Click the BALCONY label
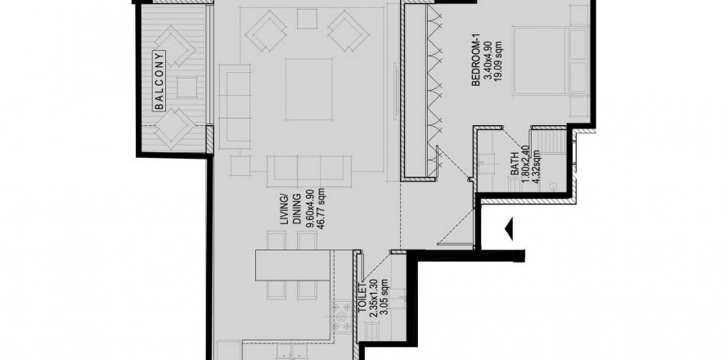click(x=160, y=80)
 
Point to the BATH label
click(x=515, y=168)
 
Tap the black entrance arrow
click(x=509, y=229)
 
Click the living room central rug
click(x=308, y=89)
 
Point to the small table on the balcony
click(x=186, y=88)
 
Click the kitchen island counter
click(x=293, y=266)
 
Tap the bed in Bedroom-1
click(x=551, y=61)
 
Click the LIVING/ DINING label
click(x=290, y=211)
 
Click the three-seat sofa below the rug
click(x=308, y=171)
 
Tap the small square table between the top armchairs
click(x=307, y=19)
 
